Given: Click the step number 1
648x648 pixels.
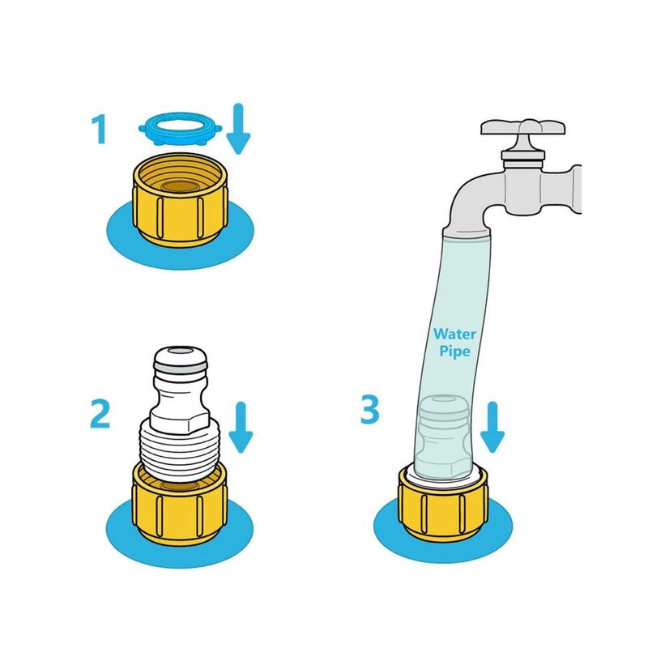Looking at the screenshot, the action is [x=100, y=130].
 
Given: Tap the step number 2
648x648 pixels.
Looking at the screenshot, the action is [x=100, y=414].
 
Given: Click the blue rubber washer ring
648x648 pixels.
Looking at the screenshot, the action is [x=180, y=129].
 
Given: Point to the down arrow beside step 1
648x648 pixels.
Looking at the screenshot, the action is [x=238, y=129].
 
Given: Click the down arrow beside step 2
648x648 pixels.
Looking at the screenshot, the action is [x=241, y=428].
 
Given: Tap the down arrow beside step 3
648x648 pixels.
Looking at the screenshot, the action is [x=492, y=428].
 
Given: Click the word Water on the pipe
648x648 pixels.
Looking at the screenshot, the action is [x=454, y=334].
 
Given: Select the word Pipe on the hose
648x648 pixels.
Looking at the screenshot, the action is [x=454, y=352].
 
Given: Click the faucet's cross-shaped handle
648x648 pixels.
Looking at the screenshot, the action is [x=522, y=127].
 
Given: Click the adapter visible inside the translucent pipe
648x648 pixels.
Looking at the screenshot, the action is [x=443, y=438].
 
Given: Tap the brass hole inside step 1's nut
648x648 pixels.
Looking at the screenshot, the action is [x=180, y=186].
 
